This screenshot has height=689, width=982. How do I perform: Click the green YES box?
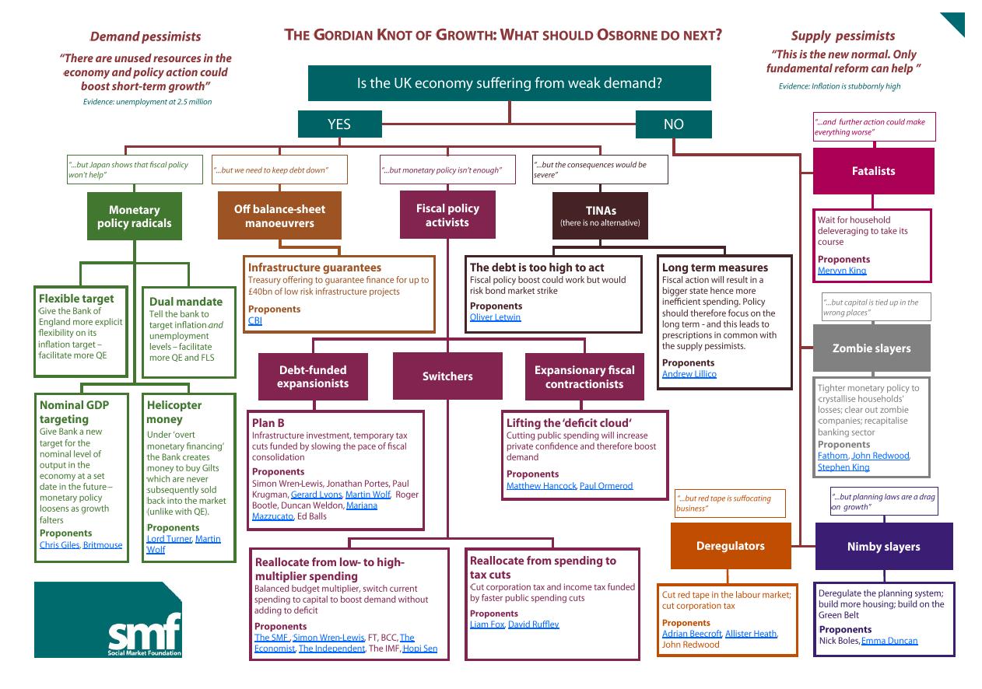pos(339,124)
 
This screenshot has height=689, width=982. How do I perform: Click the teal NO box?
pos(673,124)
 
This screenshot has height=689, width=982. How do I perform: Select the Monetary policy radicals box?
pos(135,216)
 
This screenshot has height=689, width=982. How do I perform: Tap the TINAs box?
pos(600,215)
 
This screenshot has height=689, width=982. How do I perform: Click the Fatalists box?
pos(873,171)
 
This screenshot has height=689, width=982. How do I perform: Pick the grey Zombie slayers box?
pos(872,348)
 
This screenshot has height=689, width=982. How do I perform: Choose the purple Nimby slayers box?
pos(883,547)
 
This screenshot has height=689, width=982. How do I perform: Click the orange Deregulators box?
pos(730,546)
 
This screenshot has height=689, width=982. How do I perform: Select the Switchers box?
pos(447,376)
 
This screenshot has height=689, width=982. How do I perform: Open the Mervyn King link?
pos(842,271)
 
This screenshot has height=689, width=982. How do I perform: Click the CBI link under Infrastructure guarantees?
pos(255,320)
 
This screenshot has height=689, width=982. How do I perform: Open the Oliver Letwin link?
pos(496,317)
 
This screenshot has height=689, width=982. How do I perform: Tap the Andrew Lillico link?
pos(689,374)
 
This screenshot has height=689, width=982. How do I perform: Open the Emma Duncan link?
pos(889,641)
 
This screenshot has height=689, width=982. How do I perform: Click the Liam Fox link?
pos(487,624)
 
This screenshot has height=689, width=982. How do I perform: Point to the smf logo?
pos(108,620)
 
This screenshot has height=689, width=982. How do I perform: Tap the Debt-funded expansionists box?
pos(313,376)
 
